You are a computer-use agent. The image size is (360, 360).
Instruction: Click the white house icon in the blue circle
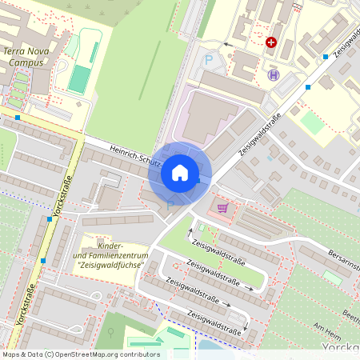pyautogui.click(x=180, y=172)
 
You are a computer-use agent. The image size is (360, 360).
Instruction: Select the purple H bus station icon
pyautogui.click(x=274, y=75)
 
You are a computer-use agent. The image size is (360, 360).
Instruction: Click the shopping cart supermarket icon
pyautogui.click(x=222, y=208)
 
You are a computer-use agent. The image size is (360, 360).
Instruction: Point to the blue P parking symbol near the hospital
pyautogui.click(x=210, y=59)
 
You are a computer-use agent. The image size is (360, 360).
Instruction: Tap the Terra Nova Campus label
pyautogui.click(x=25, y=55)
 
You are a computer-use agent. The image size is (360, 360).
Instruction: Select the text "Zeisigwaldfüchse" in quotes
pyautogui.click(x=109, y=265)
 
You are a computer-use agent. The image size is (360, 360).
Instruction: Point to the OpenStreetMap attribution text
pyautogui.click(x=80, y=354)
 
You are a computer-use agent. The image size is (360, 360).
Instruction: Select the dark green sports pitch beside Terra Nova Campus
pyautogui.click(x=79, y=78)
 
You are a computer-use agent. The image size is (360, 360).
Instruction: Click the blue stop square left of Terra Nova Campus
pyautogui.click(x=18, y=117)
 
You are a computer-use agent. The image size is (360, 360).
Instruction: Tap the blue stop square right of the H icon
pyautogui.click(x=308, y=86)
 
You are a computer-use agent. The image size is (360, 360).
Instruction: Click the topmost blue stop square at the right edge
pyautogui.click(x=326, y=57)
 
